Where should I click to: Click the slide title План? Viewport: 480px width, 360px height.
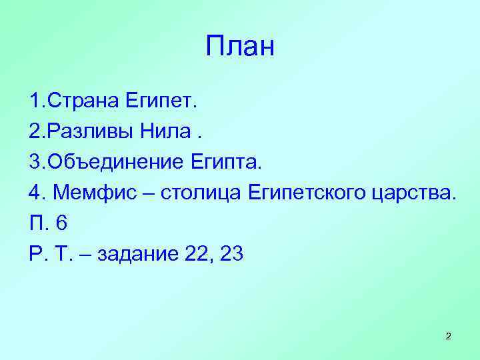(x=240, y=47)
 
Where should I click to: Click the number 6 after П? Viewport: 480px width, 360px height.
(x=61, y=223)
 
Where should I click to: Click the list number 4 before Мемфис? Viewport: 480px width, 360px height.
(x=35, y=193)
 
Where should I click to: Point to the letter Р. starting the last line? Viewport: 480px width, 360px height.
(x=36, y=254)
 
